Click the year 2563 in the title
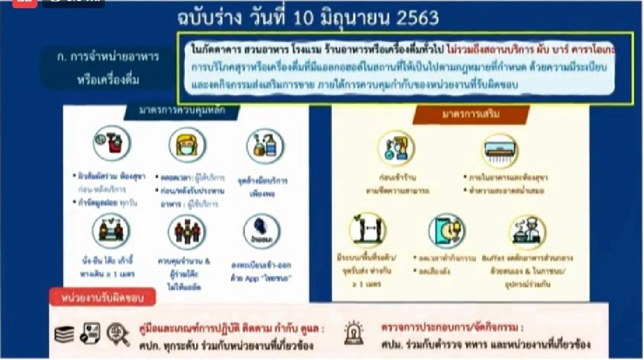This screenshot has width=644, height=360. (x=413, y=19)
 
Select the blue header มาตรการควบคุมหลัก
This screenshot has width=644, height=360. (x=182, y=111)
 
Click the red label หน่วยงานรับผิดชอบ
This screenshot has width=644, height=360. (x=102, y=297)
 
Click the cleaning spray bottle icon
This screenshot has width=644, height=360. (x=111, y=144)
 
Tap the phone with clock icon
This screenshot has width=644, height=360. (x=447, y=232)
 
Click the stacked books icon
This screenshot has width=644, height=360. (x=65, y=335)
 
